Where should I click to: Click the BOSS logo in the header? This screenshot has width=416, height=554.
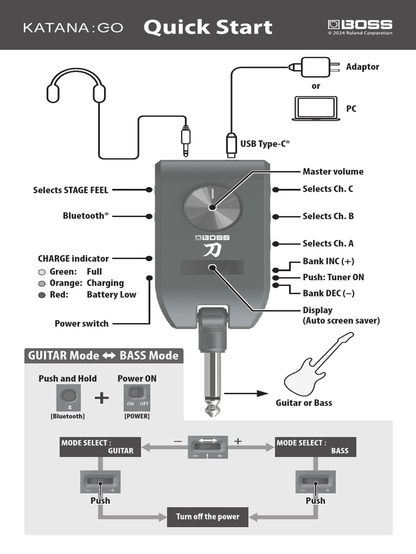pyautogui.click(x=360, y=25)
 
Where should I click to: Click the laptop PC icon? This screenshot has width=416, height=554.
pyautogui.click(x=315, y=108)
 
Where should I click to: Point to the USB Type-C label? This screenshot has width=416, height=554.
pyautogui.click(x=265, y=144)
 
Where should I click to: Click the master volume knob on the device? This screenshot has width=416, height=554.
pyautogui.click(x=212, y=207)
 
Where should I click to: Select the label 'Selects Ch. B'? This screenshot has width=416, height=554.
pyautogui.click(x=328, y=216)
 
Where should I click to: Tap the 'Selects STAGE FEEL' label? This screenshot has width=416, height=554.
pyautogui.click(x=70, y=190)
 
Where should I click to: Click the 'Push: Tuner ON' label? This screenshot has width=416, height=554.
pyautogui.click(x=333, y=277)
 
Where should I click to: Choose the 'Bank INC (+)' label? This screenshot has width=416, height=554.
pyautogui.click(x=328, y=261)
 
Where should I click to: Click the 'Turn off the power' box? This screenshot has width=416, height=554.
pyautogui.click(x=207, y=516)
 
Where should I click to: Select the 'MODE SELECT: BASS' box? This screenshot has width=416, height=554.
pyautogui.click(x=315, y=446)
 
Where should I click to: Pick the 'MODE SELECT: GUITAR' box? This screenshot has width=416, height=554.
pyautogui.click(x=100, y=446)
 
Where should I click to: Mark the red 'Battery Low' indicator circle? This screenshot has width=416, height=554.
pyautogui.click(x=42, y=295)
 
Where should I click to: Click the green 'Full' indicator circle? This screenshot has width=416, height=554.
pyautogui.click(x=42, y=272)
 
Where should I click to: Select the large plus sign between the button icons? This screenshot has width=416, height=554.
pyautogui.click(x=101, y=398)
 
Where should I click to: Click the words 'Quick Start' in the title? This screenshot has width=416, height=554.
pyautogui.click(x=207, y=27)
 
